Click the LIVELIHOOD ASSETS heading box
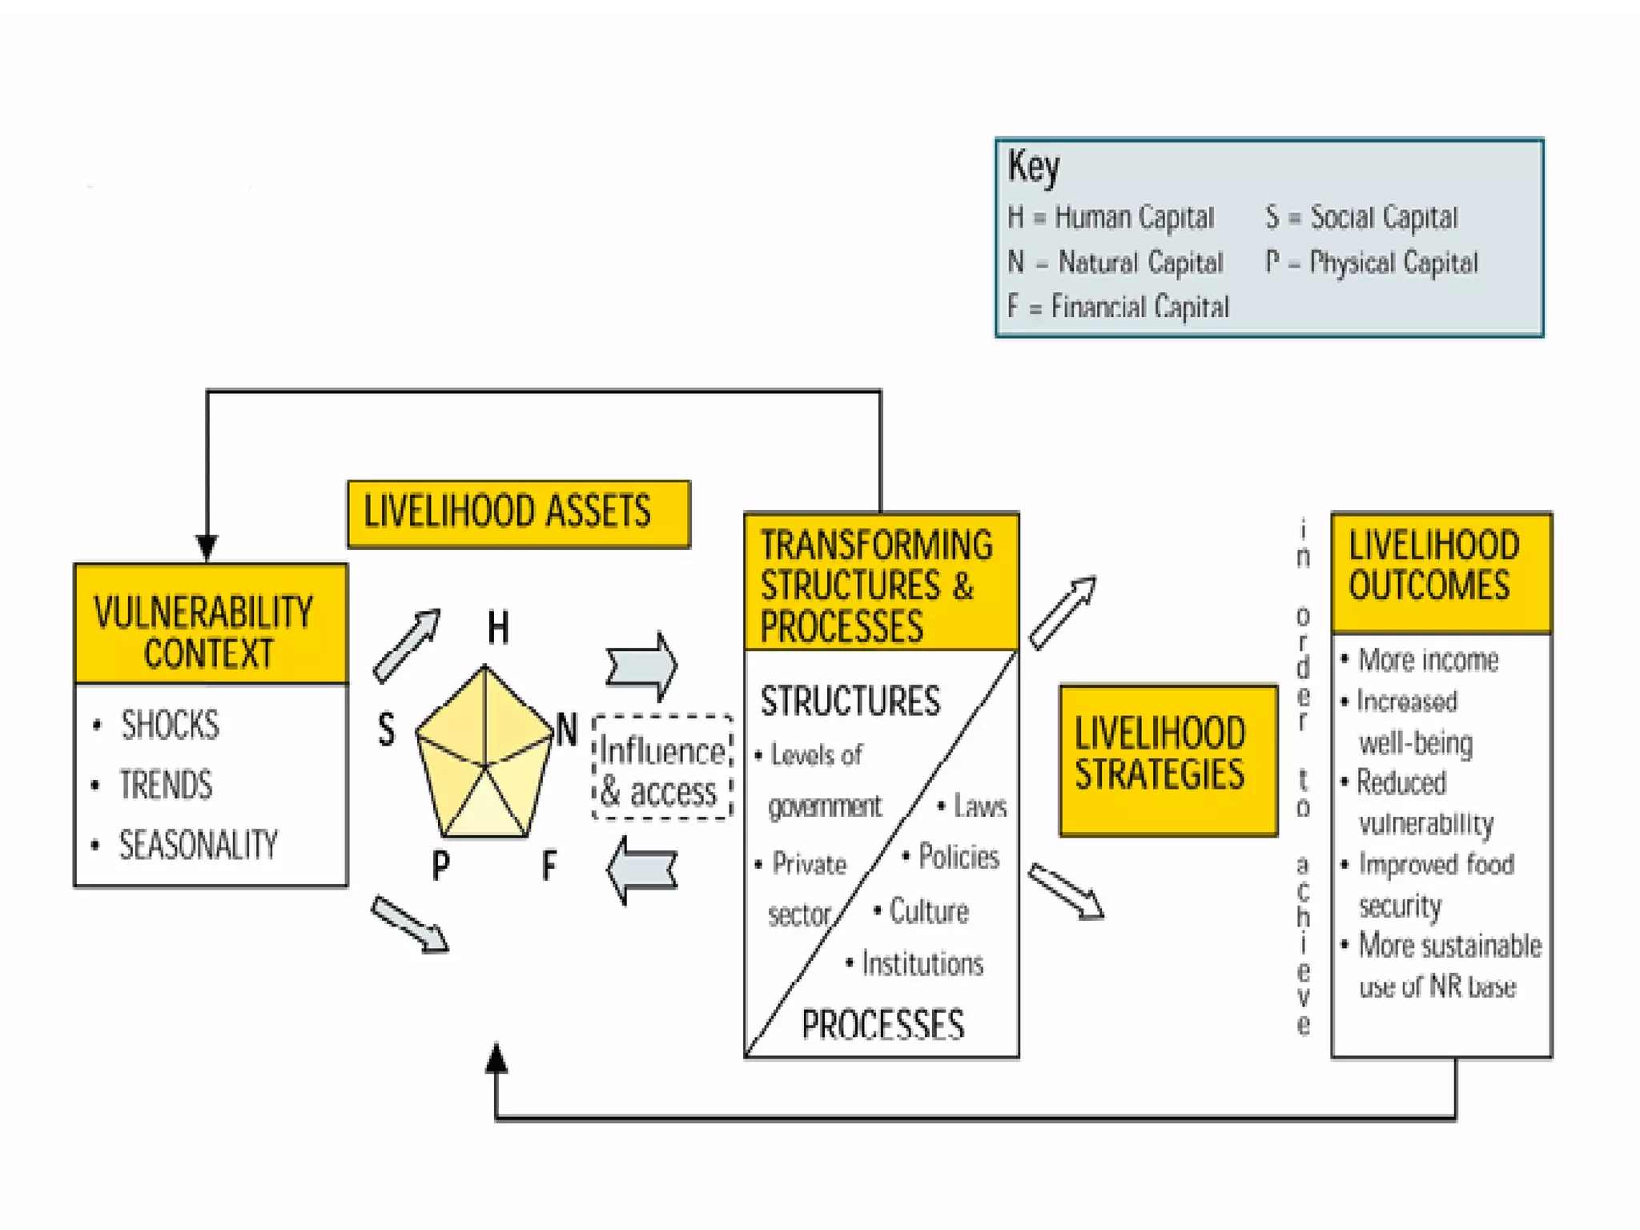pos(518,513)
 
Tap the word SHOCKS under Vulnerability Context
pos(170,725)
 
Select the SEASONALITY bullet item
pos(198,845)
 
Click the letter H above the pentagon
pos(498,627)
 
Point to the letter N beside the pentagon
pos(566,730)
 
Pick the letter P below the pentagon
pos(440,865)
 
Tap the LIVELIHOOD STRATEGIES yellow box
pos(1168,759)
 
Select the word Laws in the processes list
pos(979,806)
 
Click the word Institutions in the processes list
pos(922,963)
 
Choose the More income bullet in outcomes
pos(1428,660)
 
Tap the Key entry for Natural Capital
pos(1115,262)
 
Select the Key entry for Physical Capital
pos(1371,262)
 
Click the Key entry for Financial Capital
pos(1118,306)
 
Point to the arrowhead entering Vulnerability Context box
pos(207,549)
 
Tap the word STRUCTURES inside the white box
pos(850,701)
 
